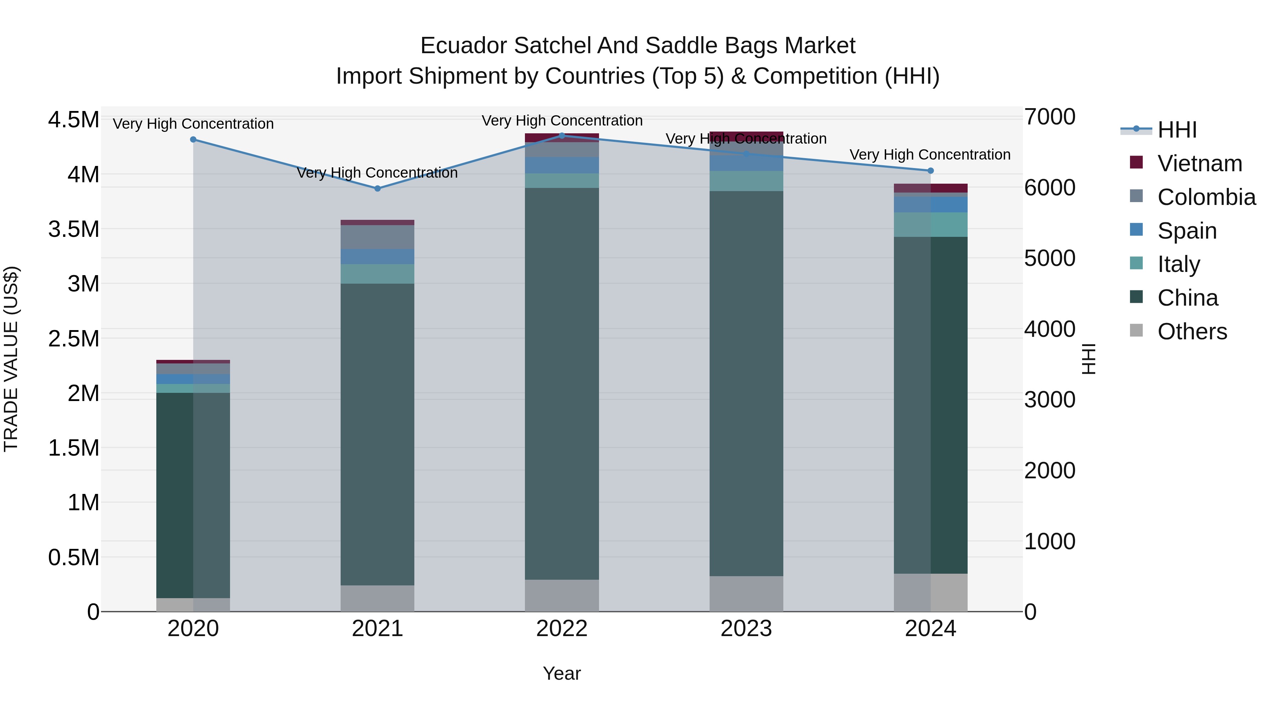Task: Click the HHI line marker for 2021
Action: tap(377, 188)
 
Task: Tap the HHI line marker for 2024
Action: tap(930, 171)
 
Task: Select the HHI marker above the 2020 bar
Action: tap(193, 139)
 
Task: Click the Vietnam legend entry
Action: tap(1199, 163)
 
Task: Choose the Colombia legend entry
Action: tap(1206, 197)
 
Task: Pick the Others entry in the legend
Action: tap(1192, 332)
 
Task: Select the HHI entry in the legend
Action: tap(1177, 130)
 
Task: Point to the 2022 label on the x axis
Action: tap(562, 629)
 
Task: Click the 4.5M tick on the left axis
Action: tap(73, 120)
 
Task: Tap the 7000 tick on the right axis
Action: tap(1050, 117)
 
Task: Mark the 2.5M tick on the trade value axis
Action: tap(73, 339)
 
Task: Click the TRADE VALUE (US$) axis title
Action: tap(11, 359)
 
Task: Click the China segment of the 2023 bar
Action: tap(746, 384)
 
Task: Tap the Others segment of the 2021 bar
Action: tap(377, 598)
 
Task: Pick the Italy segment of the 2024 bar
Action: tap(930, 224)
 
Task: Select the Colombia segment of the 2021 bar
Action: tap(377, 237)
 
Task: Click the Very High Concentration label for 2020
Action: tap(193, 124)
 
